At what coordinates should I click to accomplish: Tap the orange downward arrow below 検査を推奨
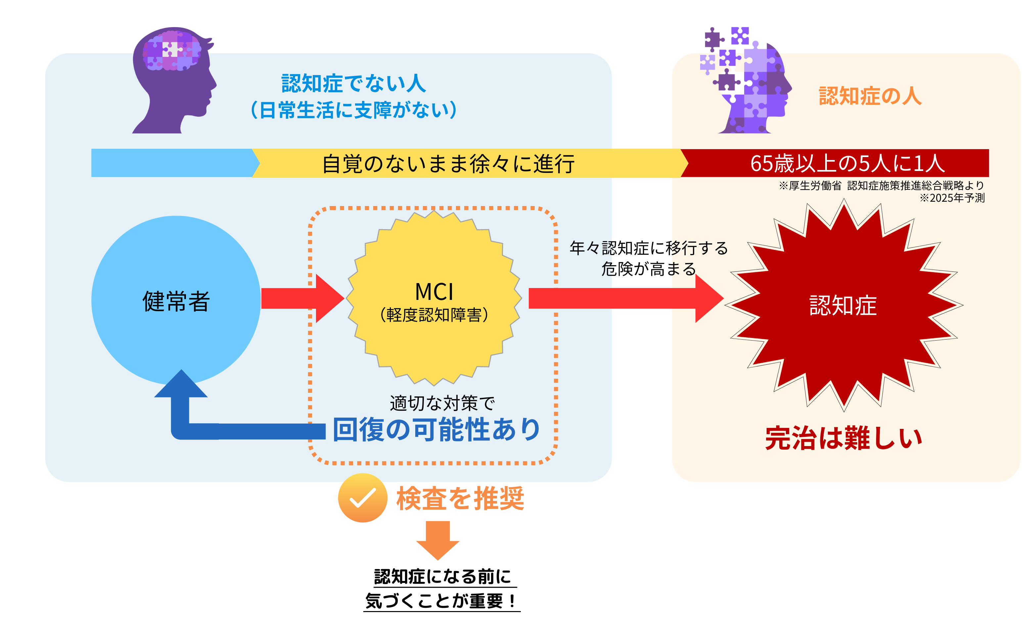pyautogui.click(x=438, y=539)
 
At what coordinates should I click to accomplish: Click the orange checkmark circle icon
pyautogui.click(x=362, y=498)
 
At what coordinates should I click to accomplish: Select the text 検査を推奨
pyautogui.click(x=460, y=498)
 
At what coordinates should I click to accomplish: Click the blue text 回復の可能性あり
pyautogui.click(x=437, y=430)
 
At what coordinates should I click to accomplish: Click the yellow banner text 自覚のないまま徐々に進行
pyautogui.click(x=448, y=163)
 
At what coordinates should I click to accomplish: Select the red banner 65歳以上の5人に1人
pyautogui.click(x=847, y=163)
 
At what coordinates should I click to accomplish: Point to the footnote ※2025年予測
pyautogui.click(x=952, y=198)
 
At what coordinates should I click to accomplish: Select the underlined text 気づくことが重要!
pyautogui.click(x=441, y=601)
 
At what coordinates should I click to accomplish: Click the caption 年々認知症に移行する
pyautogui.click(x=648, y=248)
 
